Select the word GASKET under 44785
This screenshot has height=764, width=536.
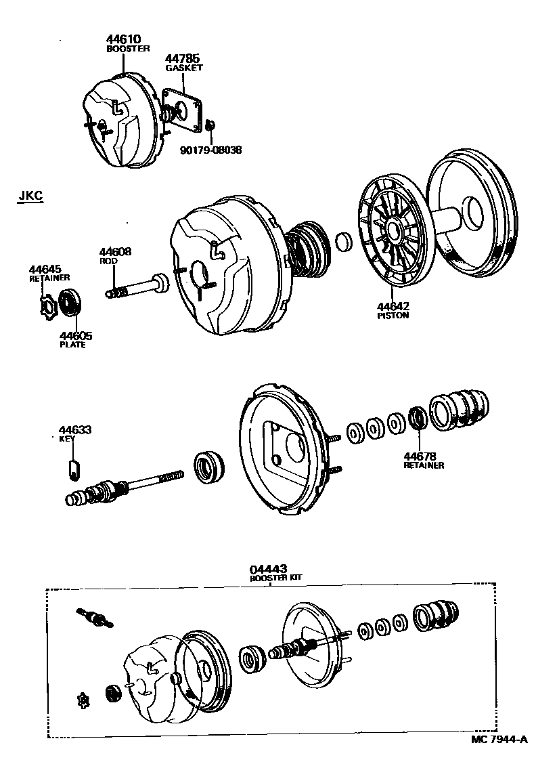(183, 68)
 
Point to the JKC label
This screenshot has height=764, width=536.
(30, 197)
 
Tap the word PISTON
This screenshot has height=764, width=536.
(393, 315)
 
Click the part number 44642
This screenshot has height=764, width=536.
(393, 306)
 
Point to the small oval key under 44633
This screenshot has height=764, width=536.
(74, 469)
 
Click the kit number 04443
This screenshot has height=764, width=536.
(268, 569)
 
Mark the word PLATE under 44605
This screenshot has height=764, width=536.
(72, 344)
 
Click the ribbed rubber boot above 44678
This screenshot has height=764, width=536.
(460, 409)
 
